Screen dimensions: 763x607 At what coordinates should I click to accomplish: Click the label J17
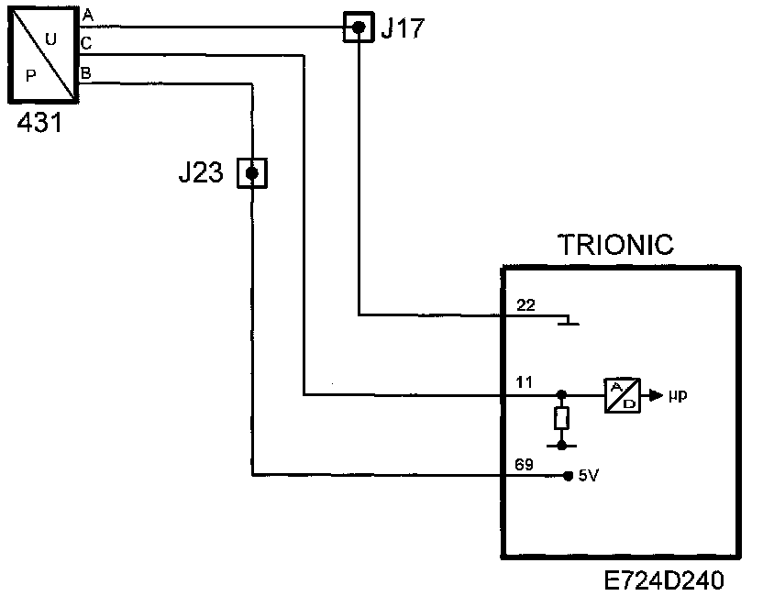403,28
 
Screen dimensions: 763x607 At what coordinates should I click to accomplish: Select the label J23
201,172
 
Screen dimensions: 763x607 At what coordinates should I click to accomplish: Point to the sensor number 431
40,122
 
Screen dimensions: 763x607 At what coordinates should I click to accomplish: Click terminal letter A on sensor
88,15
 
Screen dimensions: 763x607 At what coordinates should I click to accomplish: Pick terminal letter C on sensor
86,43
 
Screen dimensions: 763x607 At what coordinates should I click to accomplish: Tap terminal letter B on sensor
85,73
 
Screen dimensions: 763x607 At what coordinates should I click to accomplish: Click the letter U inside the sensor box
50,39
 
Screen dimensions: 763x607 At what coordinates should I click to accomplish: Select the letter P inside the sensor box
30,75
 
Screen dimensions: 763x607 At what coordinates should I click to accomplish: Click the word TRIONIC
615,244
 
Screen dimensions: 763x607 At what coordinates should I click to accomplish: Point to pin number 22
525,305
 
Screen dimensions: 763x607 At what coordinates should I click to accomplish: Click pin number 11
524,382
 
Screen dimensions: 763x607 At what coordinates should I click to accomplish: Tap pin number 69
524,465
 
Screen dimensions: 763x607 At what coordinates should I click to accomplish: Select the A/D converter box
623,395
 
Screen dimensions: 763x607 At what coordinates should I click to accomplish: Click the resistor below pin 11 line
561,418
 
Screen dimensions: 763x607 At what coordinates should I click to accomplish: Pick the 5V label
589,476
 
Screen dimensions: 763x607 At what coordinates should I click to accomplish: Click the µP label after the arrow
678,395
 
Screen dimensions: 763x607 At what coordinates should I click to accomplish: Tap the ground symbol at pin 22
568,320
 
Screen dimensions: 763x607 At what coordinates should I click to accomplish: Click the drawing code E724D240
664,580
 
